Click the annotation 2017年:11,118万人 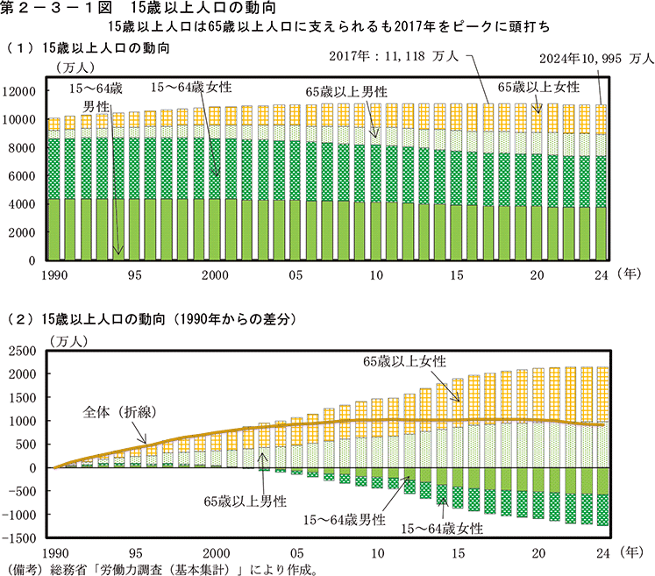[394, 57]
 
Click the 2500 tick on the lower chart [22, 351]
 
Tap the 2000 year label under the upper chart [216, 274]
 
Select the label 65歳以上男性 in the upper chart [345, 91]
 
